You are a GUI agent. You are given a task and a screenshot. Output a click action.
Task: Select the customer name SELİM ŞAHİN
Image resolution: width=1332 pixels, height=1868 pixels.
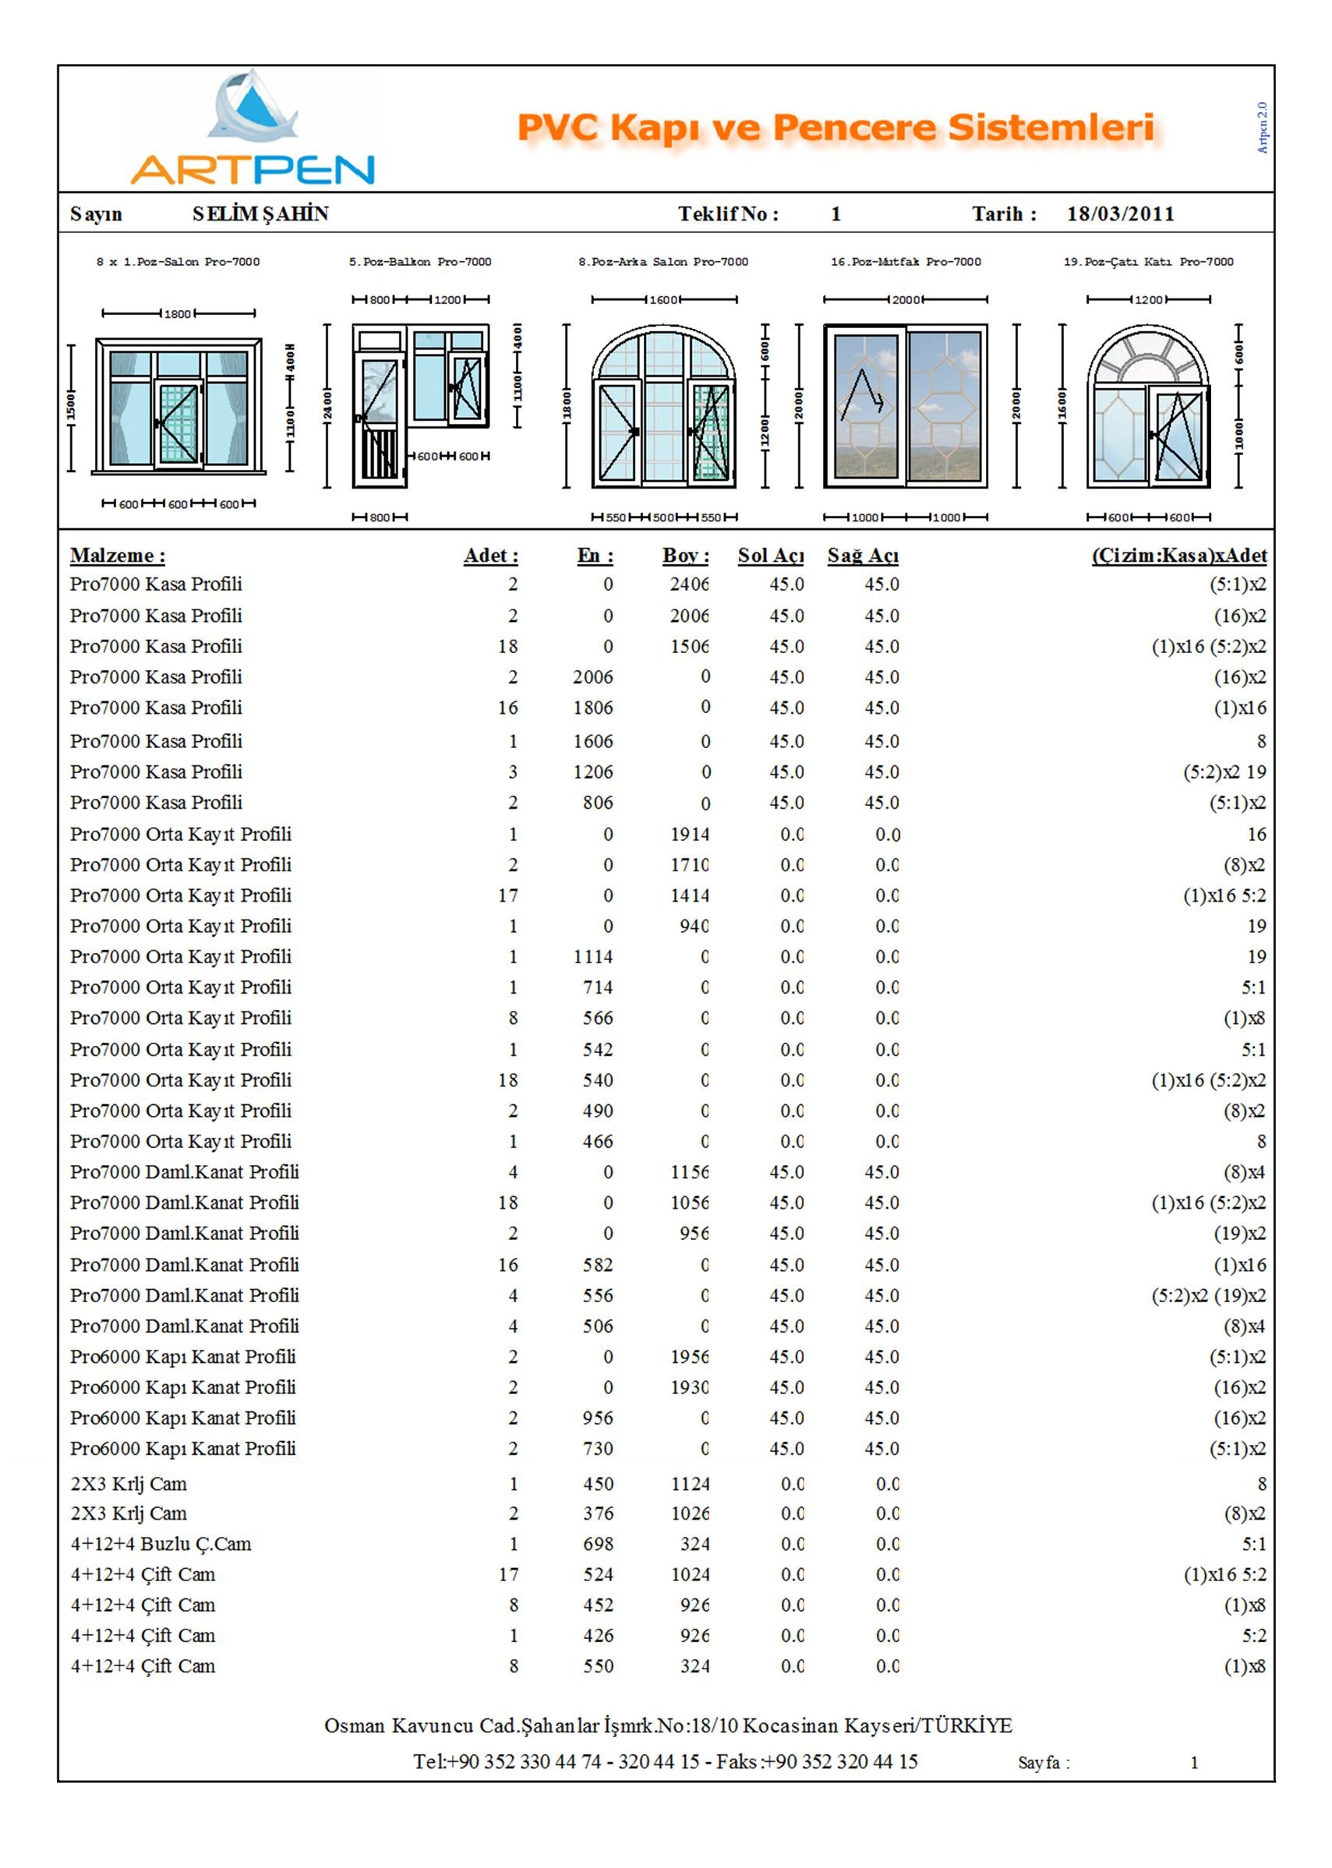coord(260,214)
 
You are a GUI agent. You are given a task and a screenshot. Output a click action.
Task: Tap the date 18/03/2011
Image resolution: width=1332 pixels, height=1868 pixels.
coord(1120,214)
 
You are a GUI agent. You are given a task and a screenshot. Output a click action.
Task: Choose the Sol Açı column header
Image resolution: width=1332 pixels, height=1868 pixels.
coord(770,555)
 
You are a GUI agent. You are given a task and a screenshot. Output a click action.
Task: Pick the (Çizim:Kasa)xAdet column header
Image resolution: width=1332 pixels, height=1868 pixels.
coord(1178,555)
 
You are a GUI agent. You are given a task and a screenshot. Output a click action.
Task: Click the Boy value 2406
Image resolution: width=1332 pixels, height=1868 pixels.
coord(689,584)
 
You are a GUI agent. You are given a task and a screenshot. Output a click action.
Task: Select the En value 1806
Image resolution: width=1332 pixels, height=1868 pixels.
coord(592,708)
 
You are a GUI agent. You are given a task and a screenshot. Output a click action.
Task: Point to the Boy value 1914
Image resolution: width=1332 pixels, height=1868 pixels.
coord(689,834)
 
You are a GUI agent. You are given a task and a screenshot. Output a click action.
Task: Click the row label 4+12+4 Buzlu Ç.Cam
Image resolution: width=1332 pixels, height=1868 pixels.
coord(161,1543)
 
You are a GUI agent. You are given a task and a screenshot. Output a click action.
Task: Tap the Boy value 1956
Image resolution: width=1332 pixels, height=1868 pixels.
coord(689,1356)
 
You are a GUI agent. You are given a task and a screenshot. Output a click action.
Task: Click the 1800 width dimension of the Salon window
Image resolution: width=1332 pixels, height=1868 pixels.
coord(177,313)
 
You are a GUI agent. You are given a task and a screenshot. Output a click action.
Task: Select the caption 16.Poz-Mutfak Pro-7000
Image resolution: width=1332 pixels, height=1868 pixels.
coord(906,262)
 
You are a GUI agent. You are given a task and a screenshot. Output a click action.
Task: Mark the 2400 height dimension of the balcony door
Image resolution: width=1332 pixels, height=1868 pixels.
coord(327,406)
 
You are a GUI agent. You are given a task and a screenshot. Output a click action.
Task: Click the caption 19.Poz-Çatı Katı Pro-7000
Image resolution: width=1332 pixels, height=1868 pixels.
coord(1148,262)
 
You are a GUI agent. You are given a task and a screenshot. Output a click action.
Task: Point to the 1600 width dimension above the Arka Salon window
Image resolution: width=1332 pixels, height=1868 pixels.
coord(662,299)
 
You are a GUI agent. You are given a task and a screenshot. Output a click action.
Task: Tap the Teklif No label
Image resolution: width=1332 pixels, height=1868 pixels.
coord(727,214)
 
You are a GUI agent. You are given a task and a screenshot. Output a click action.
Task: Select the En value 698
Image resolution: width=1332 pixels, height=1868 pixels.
coord(598,1543)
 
